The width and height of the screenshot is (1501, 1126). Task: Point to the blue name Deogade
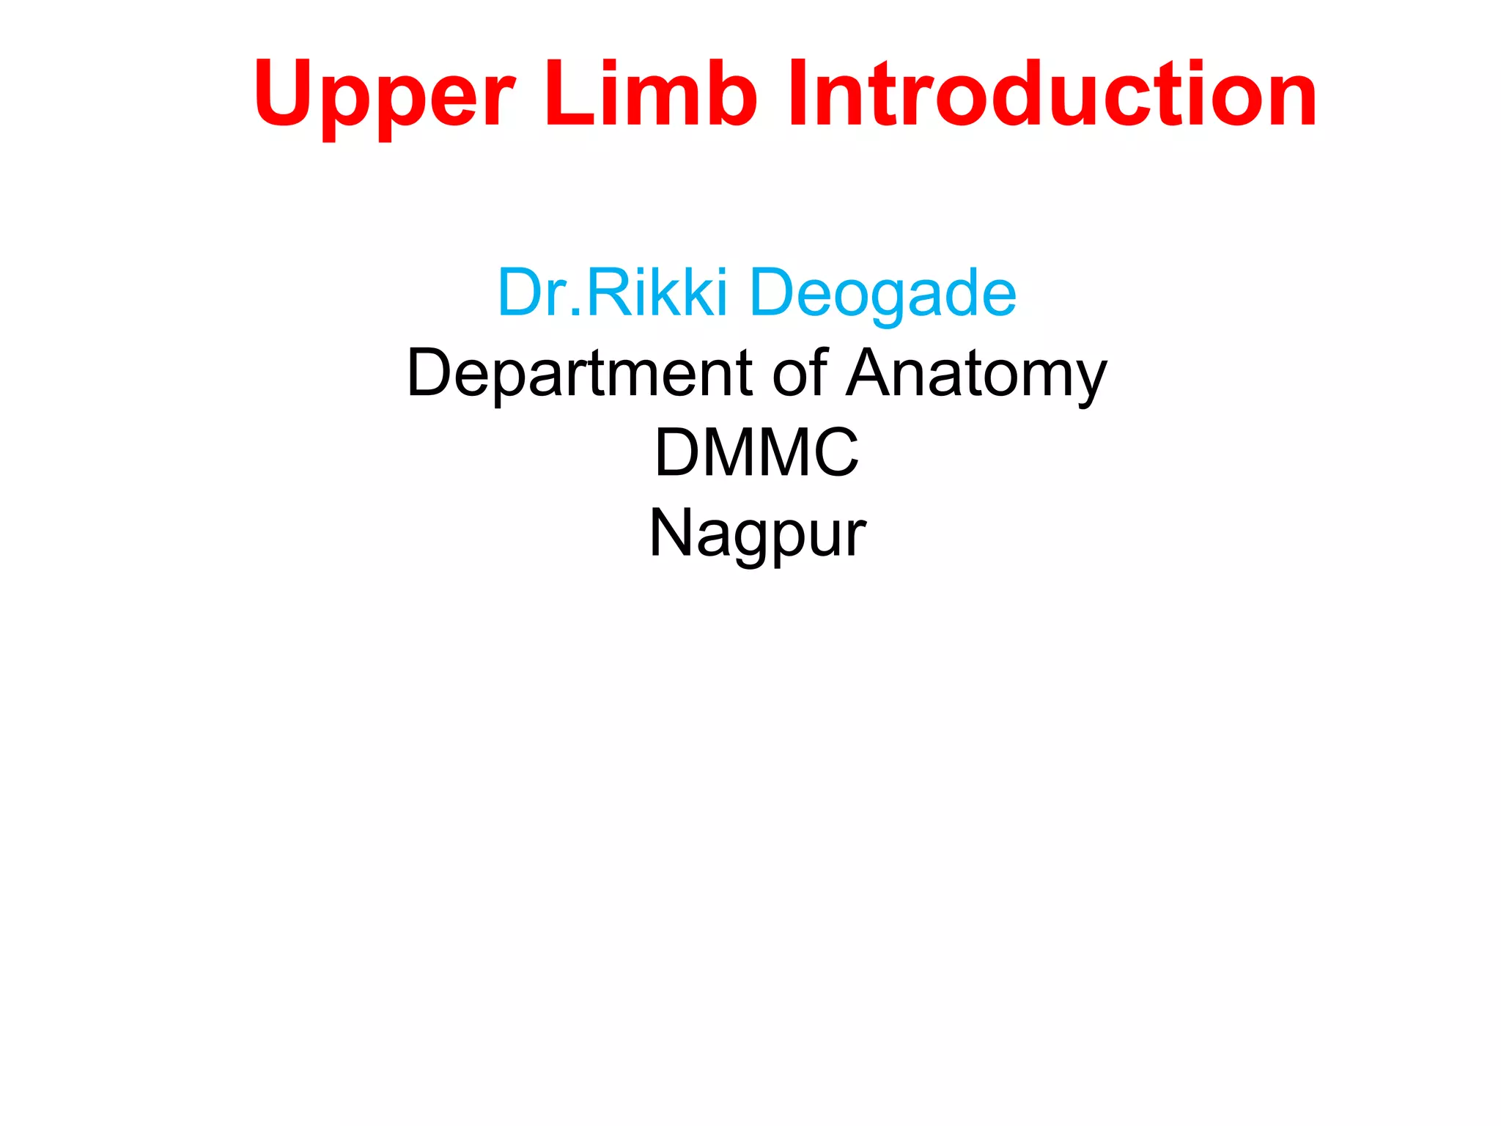click(882, 293)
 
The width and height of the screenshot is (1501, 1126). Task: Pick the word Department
click(580, 374)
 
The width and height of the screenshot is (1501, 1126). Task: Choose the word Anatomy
click(976, 374)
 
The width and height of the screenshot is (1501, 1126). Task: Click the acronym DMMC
click(756, 452)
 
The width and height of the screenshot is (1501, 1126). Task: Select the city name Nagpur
click(758, 534)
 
